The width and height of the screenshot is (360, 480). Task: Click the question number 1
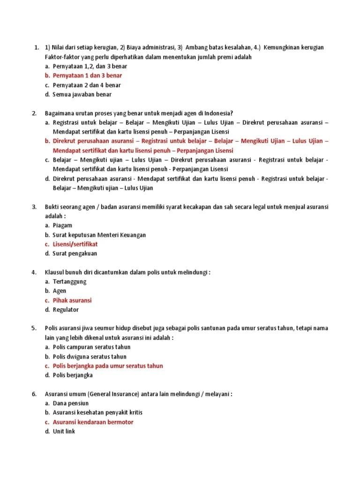point(36,47)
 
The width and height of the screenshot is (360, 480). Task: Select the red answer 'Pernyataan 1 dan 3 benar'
point(87,75)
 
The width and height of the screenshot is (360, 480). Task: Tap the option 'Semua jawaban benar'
point(82,94)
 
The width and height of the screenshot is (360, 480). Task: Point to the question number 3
point(34,207)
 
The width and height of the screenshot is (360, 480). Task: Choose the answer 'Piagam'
point(62,225)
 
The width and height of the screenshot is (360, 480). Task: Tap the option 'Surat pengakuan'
point(75,254)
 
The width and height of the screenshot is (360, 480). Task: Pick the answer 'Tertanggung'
point(69,282)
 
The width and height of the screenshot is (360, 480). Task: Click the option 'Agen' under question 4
point(60,291)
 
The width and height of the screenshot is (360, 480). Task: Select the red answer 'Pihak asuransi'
point(72,300)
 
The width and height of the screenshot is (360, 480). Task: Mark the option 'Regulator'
point(66,310)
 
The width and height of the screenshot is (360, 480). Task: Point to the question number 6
point(34,394)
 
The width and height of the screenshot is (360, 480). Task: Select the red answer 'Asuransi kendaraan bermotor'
point(93,422)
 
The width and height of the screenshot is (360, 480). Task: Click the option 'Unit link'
point(64,431)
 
